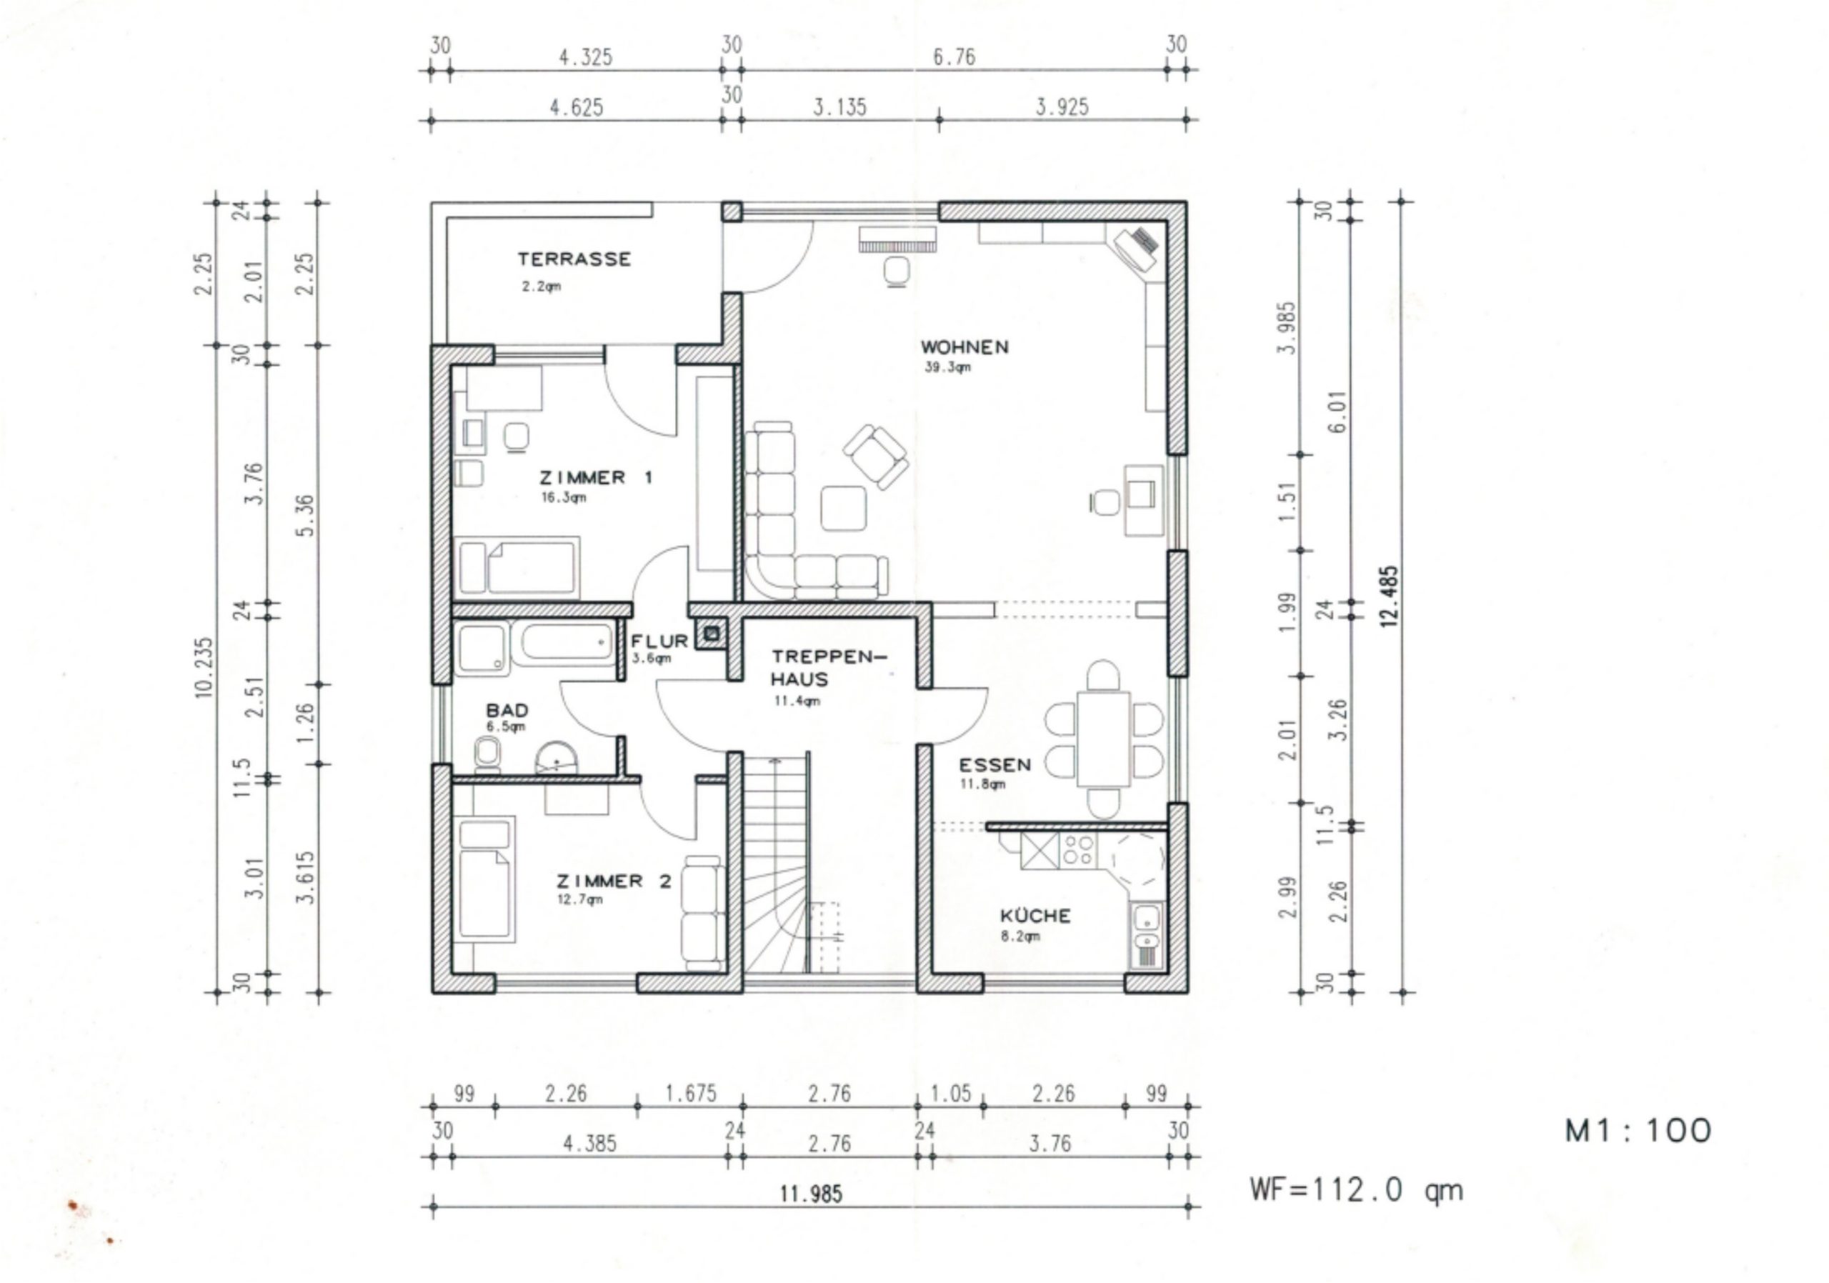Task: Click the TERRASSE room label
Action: (x=574, y=259)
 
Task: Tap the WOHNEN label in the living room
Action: (x=964, y=347)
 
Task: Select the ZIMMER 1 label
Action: (x=596, y=478)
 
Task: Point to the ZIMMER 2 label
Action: (x=614, y=881)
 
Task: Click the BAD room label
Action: (x=507, y=709)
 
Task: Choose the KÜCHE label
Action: (x=1035, y=915)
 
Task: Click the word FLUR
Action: (x=659, y=641)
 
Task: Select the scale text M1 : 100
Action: (x=1638, y=1131)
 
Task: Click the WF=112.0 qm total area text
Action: (x=1356, y=1190)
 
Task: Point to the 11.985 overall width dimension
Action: (x=810, y=1194)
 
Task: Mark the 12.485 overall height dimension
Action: (x=1390, y=596)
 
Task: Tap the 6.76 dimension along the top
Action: (x=954, y=57)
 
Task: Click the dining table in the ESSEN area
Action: (x=1103, y=738)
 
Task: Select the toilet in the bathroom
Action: (x=487, y=754)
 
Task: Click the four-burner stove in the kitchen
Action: (x=1079, y=850)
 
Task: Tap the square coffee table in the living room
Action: (x=844, y=508)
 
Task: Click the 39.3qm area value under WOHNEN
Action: (x=947, y=367)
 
